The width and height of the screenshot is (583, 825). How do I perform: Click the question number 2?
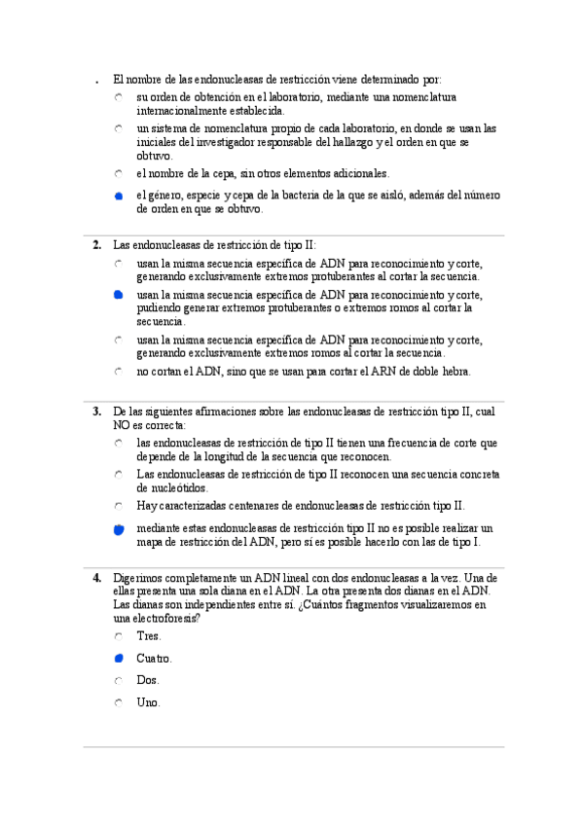[x=97, y=245]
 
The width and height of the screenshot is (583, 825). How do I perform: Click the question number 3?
[x=97, y=412]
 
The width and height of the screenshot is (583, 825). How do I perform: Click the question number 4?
[x=97, y=577]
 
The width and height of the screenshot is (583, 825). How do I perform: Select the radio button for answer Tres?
[x=118, y=636]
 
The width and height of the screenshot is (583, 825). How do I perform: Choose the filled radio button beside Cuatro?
[x=118, y=659]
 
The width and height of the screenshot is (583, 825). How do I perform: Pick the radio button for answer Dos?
[x=118, y=681]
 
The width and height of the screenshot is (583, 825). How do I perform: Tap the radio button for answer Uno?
[x=118, y=702]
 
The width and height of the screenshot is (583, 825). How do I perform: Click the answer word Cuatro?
[x=154, y=659]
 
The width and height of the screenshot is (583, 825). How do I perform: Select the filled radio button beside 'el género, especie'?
[x=118, y=197]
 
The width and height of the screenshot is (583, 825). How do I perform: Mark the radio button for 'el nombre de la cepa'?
[x=118, y=174]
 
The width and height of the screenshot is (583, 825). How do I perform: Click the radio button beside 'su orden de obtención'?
[x=118, y=98]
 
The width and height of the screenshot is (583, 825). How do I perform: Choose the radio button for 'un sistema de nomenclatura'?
[x=118, y=128]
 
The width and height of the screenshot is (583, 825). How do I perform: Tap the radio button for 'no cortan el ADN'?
[x=118, y=372]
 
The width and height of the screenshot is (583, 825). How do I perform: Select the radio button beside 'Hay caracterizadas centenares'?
[x=118, y=506]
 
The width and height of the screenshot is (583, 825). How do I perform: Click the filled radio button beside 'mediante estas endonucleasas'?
[x=118, y=529]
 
